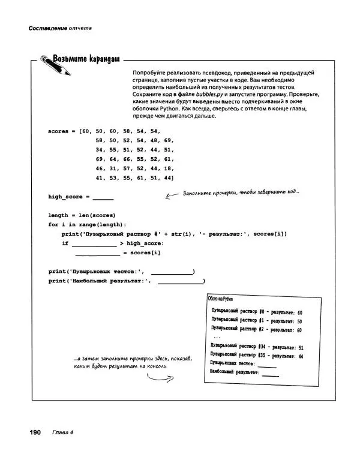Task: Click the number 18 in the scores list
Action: point(168,169)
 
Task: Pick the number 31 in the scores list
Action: point(112,169)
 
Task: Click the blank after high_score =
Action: point(103,197)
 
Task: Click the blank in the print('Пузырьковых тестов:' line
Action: point(172,272)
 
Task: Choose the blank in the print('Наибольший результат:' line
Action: point(179,281)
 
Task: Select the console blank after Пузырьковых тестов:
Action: point(267,365)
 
